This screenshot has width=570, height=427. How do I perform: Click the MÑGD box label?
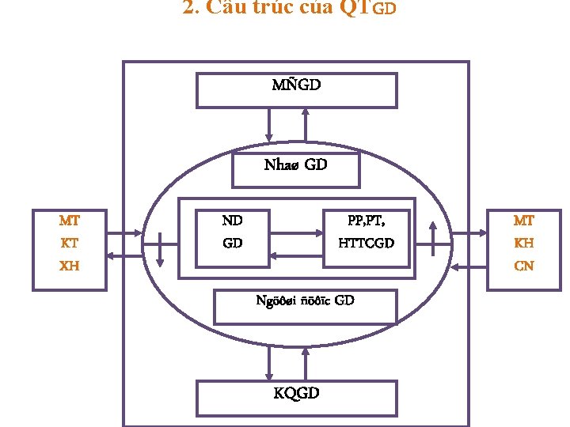[x=296, y=84]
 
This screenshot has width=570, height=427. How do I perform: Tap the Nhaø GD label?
[x=295, y=165]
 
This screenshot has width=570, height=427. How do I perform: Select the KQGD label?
[x=296, y=393]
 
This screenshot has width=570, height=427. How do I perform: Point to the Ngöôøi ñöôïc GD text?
[x=305, y=300]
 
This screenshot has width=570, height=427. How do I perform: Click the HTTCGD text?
[x=366, y=244]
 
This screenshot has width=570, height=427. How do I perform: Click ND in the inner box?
[x=232, y=221]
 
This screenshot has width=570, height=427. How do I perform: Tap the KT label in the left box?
[x=70, y=244]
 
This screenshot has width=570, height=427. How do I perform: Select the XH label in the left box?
[x=70, y=266]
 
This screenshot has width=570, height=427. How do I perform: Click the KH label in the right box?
[x=523, y=244]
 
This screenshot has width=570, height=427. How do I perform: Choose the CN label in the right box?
[x=523, y=266]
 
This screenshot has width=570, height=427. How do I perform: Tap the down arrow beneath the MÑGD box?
[x=269, y=123]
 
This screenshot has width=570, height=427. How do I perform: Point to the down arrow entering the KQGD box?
[x=269, y=364]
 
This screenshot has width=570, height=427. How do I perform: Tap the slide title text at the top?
[x=289, y=9]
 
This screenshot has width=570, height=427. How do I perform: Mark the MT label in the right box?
[x=523, y=221]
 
